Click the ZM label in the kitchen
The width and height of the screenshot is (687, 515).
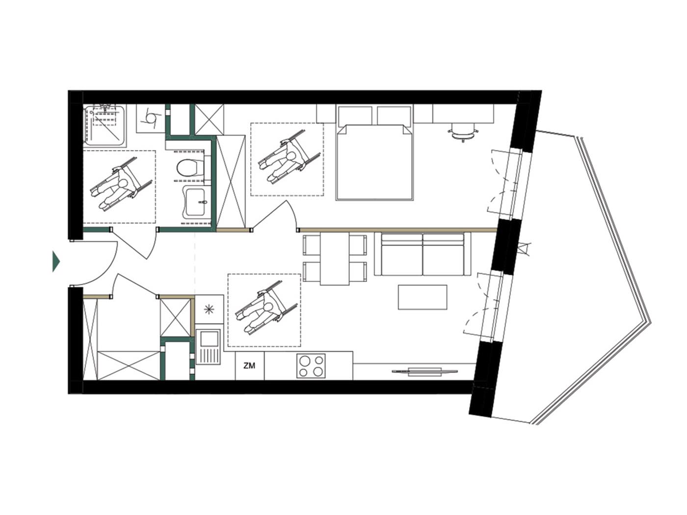pyautogui.click(x=249, y=365)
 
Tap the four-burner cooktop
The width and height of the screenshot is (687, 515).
pyautogui.click(x=311, y=365)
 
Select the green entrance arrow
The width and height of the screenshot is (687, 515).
pyautogui.click(x=56, y=261)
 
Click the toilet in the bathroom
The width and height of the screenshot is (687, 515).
pyautogui.click(x=190, y=168)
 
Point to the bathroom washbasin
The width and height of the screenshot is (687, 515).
pyautogui.click(x=197, y=202)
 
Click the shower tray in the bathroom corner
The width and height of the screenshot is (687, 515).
pyautogui.click(x=105, y=126)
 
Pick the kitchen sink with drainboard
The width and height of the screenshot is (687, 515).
pyautogui.click(x=209, y=347)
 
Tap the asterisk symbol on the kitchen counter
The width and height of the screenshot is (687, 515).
pyautogui.click(x=209, y=309)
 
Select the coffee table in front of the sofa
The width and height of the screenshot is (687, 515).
pyautogui.click(x=422, y=297)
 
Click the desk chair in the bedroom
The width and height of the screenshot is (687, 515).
pyautogui.click(x=463, y=132)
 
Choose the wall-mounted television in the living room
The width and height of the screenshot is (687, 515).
pyautogui.click(x=425, y=371)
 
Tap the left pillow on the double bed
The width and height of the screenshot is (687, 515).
pyautogui.click(x=355, y=116)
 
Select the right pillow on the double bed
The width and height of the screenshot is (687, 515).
pyautogui.click(x=394, y=116)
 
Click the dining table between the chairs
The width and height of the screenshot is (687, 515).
pyautogui.click(x=335, y=258)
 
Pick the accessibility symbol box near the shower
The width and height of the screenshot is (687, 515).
pyautogui.click(x=151, y=118)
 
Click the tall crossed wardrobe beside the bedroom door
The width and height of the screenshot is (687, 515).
pyautogui.click(x=231, y=181)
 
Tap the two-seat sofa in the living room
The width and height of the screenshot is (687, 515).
pyautogui.click(x=423, y=254)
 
